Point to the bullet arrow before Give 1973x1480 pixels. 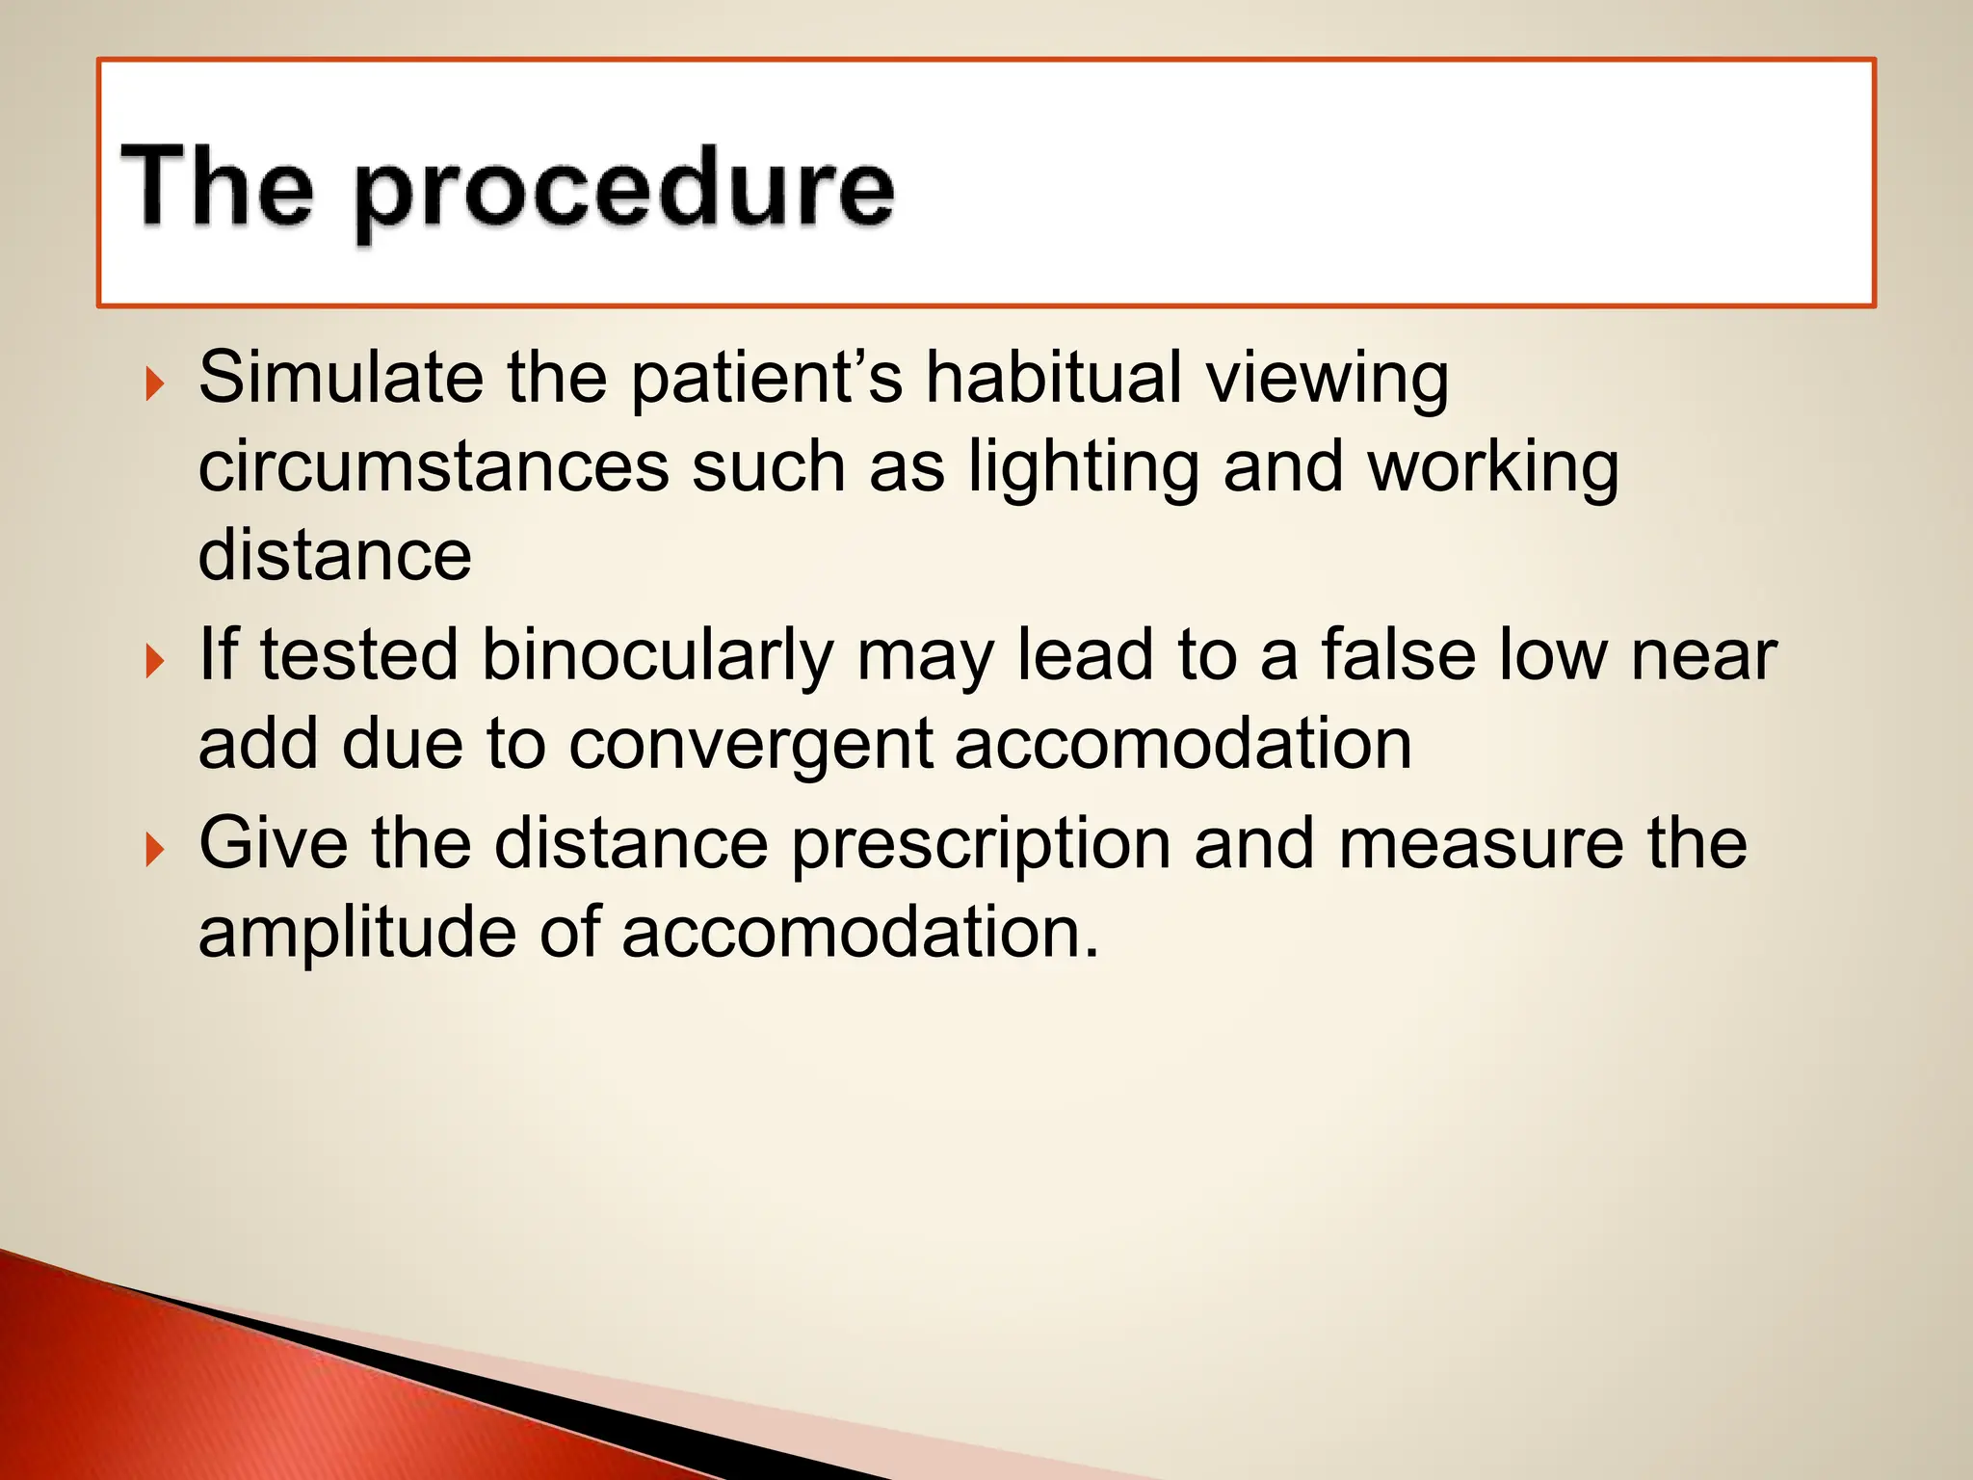(x=154, y=850)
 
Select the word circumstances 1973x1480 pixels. (x=434, y=467)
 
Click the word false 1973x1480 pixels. (x=1398, y=655)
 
